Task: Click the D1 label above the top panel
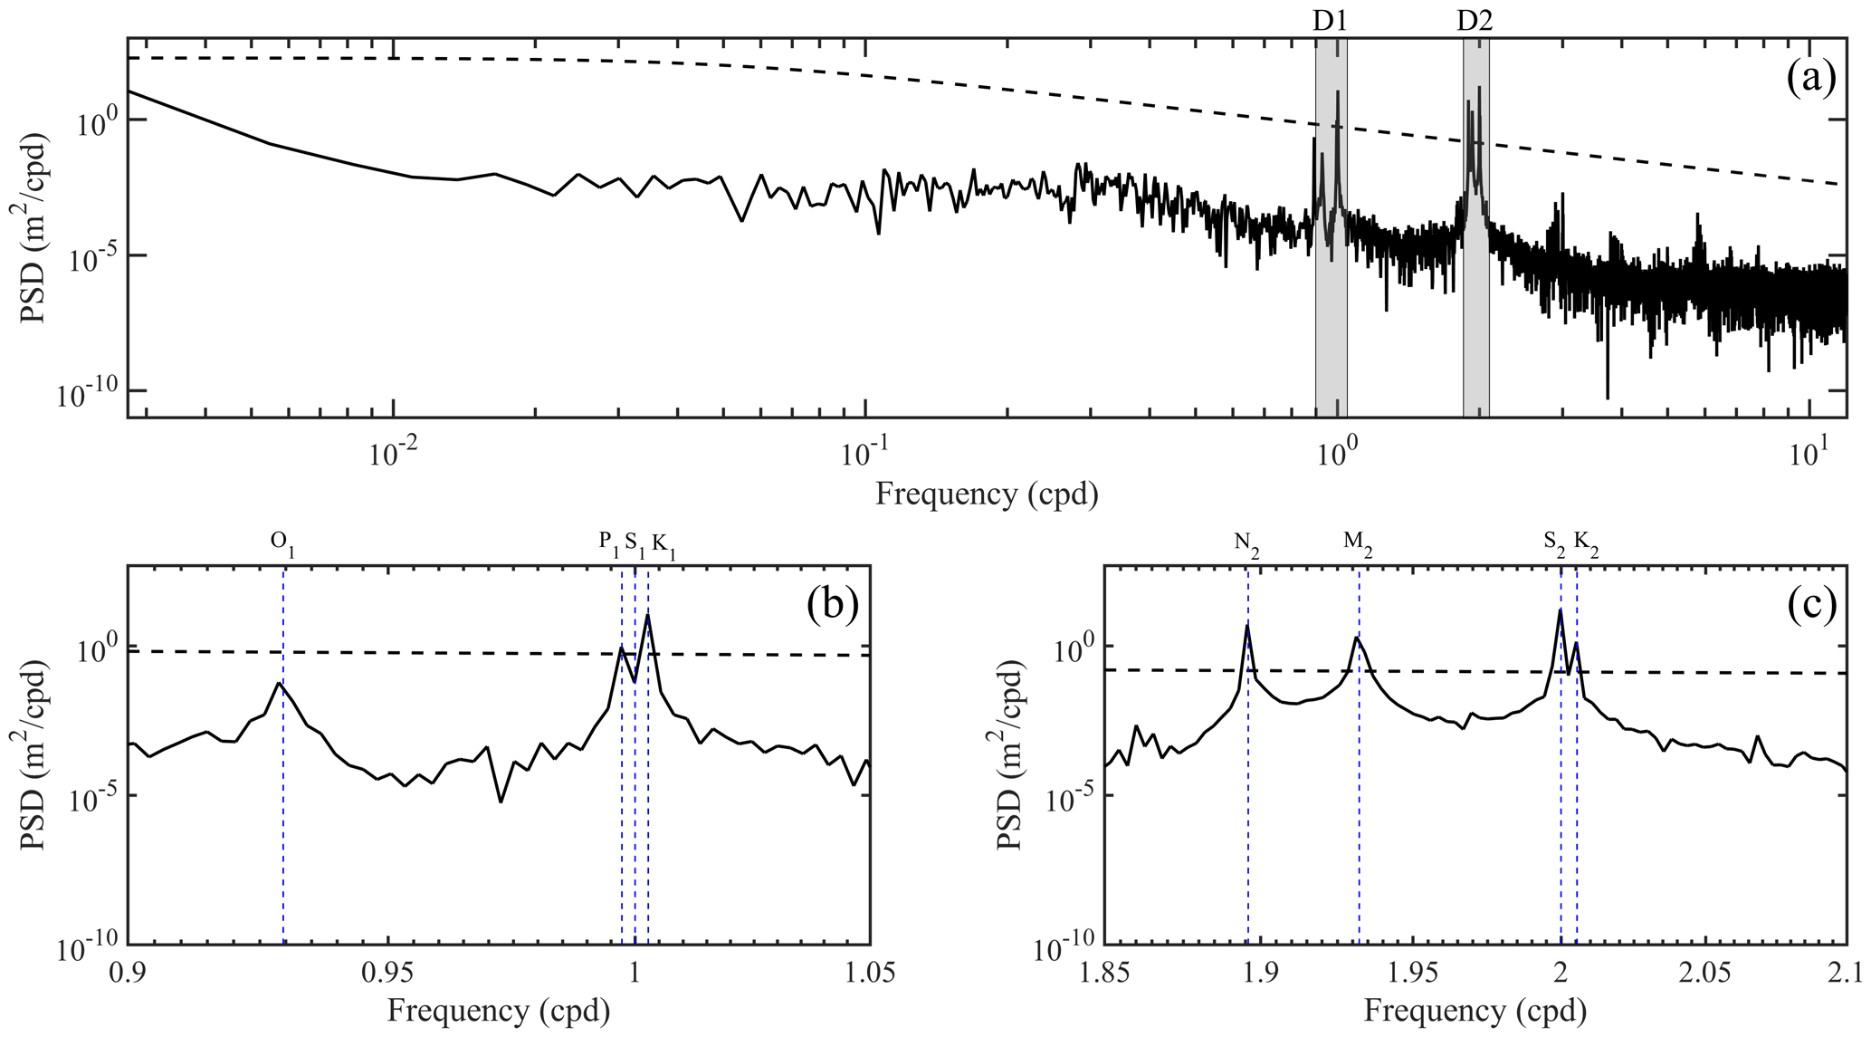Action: tap(1331, 21)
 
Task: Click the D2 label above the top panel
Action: tap(1475, 21)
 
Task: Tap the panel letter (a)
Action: tap(1810, 80)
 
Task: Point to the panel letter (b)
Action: tap(832, 606)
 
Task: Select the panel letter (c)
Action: tap(1811, 606)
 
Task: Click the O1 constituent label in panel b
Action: tap(283, 543)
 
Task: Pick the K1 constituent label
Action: tap(663, 543)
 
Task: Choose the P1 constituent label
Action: tap(607, 543)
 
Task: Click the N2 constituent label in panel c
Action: tap(1246, 543)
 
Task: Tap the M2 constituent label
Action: tap(1358, 543)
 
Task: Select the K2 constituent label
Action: tap(1586, 543)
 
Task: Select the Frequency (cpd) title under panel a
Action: tap(987, 494)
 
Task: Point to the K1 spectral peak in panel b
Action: tap(648, 616)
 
